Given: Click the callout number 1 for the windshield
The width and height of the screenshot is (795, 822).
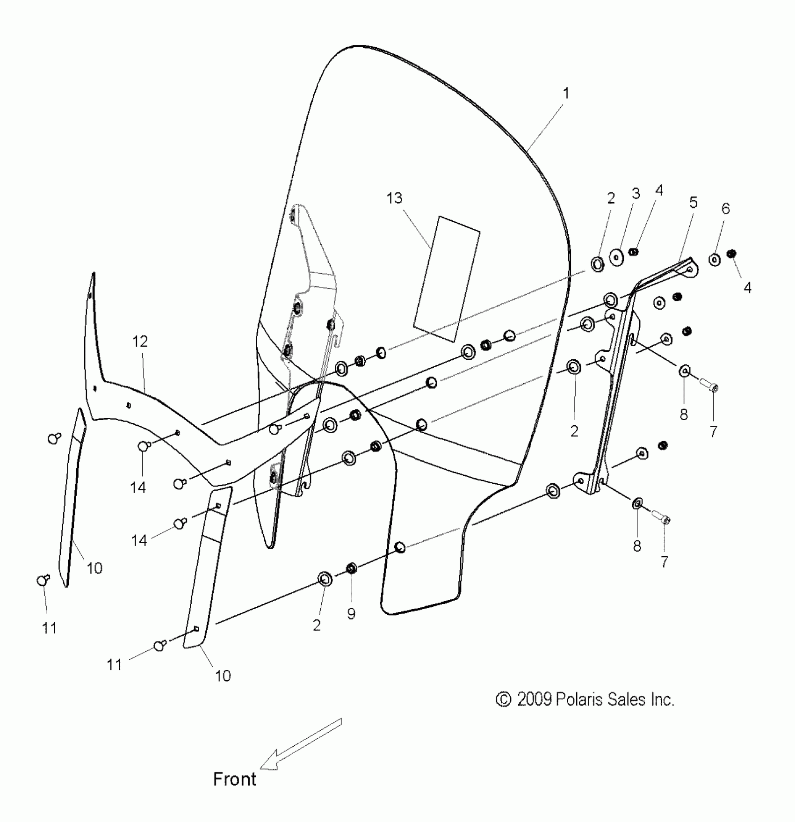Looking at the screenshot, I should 566,94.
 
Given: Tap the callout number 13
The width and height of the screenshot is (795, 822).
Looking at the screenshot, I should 394,198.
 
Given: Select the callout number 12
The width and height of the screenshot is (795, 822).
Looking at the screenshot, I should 140,342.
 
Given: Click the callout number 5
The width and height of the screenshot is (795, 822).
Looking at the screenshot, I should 693,203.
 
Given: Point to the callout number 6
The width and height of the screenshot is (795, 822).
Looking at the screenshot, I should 725,209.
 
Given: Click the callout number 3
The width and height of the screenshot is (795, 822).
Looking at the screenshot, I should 636,194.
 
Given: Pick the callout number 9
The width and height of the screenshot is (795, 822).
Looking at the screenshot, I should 351,613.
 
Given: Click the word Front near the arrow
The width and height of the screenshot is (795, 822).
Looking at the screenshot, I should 234,779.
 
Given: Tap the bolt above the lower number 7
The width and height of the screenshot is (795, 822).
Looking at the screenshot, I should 660,516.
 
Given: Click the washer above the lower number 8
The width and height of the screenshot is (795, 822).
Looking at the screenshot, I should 637,503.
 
